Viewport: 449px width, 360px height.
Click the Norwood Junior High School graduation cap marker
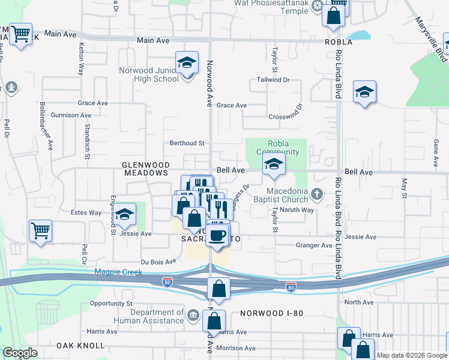(187, 62)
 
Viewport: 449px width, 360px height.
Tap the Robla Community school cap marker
(274, 164)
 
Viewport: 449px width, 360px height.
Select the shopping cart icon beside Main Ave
(21, 34)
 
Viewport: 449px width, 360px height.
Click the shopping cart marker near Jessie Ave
(40, 230)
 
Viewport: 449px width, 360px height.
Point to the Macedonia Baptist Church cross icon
(318, 193)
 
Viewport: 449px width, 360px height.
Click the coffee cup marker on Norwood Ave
(217, 234)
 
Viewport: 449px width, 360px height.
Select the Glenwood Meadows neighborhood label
(146, 168)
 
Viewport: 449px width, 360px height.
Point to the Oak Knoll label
(80, 346)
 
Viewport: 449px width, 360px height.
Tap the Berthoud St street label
(187, 143)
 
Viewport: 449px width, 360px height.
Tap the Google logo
(20, 352)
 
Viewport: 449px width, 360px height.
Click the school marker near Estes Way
(124, 214)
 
